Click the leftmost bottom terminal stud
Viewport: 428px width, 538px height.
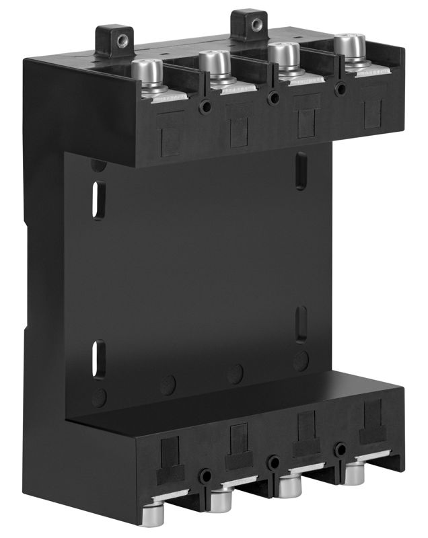pos(161,510)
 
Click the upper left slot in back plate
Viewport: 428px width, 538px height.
pos(98,200)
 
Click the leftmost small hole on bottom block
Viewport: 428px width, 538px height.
pos(204,475)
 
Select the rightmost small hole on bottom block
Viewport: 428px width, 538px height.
pos(342,447)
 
